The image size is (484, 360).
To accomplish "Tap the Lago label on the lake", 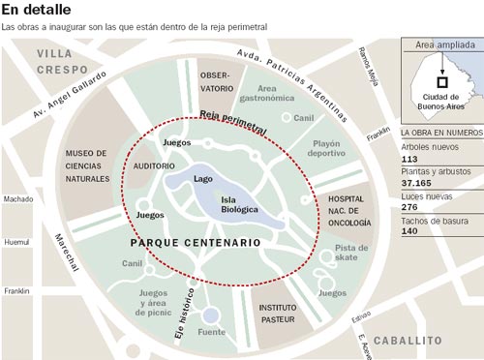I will point(202,178).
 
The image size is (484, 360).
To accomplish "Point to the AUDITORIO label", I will point(154,166).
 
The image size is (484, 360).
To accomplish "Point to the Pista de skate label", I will point(351,254).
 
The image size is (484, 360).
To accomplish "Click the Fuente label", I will point(211,332).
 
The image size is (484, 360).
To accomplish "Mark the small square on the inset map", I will point(440,82).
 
